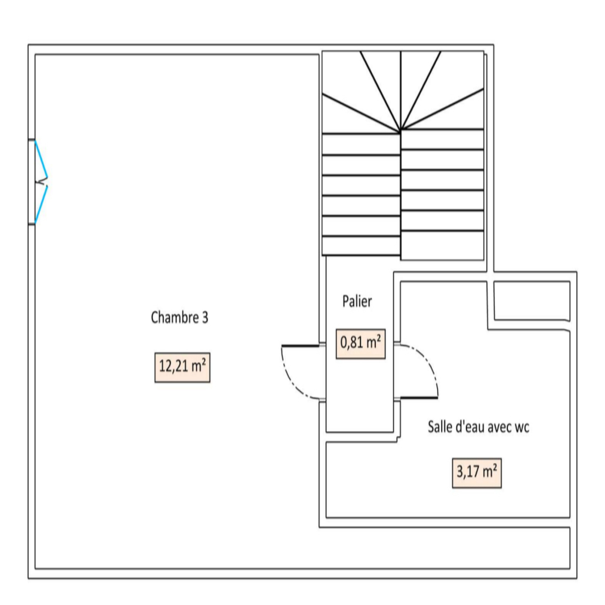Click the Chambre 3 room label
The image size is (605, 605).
click(x=179, y=318)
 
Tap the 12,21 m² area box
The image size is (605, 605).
click(x=182, y=367)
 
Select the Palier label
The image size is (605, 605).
click(x=357, y=301)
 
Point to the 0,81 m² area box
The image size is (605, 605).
click(x=360, y=343)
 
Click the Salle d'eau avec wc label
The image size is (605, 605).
click(x=478, y=427)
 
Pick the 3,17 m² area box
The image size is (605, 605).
click(x=476, y=473)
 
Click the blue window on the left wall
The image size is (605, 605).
click(x=41, y=182)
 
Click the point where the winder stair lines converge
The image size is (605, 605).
click(x=401, y=131)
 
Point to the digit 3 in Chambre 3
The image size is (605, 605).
click(x=205, y=318)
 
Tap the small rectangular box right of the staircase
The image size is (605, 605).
click(x=532, y=301)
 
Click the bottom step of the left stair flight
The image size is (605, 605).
click(x=361, y=246)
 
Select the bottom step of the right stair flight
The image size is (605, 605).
click(x=442, y=245)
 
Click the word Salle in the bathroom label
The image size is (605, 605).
click(x=439, y=427)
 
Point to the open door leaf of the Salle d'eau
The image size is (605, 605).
click(x=419, y=398)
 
